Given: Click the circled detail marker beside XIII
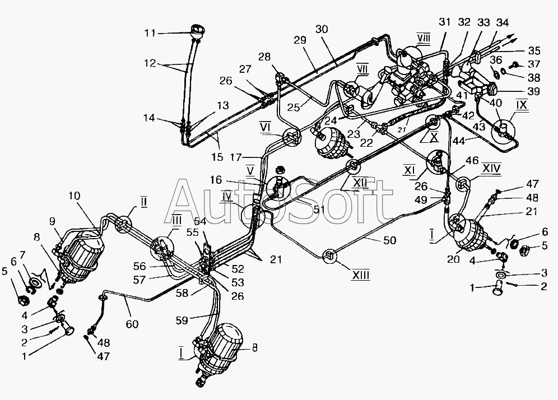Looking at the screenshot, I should coord(329,257).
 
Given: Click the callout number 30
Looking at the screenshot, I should coord(321,29).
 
